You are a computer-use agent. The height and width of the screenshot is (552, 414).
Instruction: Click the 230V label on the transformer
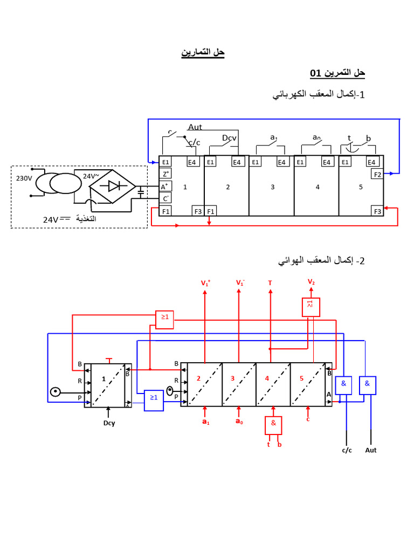click(x=24, y=178)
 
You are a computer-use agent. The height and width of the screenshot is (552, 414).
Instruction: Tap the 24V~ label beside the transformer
click(x=91, y=176)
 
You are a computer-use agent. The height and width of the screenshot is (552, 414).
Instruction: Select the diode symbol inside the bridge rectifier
click(x=114, y=187)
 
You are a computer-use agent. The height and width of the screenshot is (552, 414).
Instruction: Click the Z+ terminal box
click(x=165, y=174)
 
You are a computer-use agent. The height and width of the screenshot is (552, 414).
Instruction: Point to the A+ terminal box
click(x=165, y=187)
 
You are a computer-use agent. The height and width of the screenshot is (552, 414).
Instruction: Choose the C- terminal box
click(x=165, y=198)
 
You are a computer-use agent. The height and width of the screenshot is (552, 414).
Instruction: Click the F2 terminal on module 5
click(x=377, y=174)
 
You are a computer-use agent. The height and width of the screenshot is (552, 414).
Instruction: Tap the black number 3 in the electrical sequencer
click(x=273, y=187)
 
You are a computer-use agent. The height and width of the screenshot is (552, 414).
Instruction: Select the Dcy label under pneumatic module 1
click(x=109, y=423)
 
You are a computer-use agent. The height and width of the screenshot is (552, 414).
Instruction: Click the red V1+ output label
click(x=205, y=283)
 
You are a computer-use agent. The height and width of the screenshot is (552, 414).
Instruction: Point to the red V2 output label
click(x=311, y=282)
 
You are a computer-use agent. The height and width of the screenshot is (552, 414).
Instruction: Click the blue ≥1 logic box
click(x=154, y=397)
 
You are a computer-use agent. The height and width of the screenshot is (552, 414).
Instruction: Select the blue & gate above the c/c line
click(x=343, y=384)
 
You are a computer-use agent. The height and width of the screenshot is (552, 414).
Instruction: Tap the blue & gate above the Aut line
click(x=367, y=384)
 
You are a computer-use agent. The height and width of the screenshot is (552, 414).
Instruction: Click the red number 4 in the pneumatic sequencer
click(x=267, y=378)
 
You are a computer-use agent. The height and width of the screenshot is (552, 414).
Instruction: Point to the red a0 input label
click(x=239, y=422)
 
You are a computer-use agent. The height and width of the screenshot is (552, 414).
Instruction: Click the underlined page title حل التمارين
click(x=202, y=52)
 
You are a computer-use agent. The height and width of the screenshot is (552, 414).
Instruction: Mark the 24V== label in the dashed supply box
click(x=57, y=219)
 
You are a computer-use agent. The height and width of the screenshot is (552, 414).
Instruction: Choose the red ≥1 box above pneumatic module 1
click(x=164, y=319)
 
